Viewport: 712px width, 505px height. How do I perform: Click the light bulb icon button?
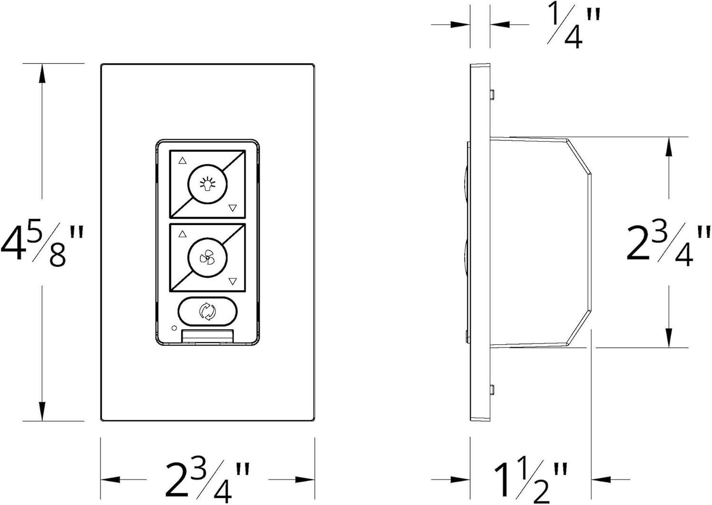point(207,184)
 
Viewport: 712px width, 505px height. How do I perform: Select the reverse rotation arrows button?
point(207,311)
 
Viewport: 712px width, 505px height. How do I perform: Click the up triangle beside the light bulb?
point(182,161)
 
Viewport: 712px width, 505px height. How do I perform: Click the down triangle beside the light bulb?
point(233,208)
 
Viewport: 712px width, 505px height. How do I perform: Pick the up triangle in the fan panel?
point(182,234)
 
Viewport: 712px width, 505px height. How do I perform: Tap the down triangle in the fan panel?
point(233,281)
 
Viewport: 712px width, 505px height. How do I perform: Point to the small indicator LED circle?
point(174,328)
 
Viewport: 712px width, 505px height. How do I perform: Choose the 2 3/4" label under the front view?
point(207,479)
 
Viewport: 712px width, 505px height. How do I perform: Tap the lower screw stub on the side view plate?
point(493,390)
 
